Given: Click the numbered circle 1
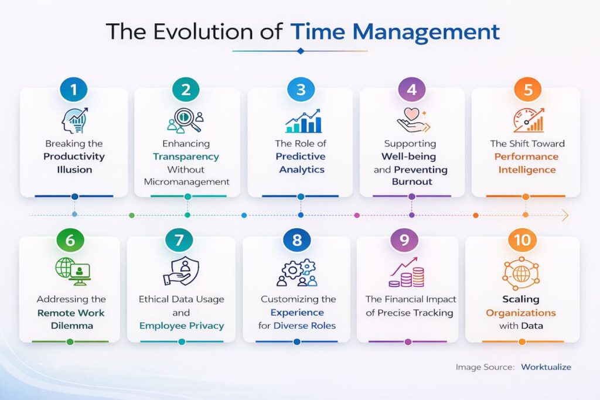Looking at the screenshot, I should click(74, 90).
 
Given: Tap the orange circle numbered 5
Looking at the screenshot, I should click(525, 90).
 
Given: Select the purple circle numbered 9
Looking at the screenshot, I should click(404, 240).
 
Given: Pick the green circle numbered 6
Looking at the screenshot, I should click(70, 240).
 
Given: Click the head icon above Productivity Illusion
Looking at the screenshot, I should click(74, 120).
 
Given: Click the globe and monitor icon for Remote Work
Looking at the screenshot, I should click(72, 270).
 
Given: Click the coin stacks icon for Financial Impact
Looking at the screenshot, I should click(407, 272).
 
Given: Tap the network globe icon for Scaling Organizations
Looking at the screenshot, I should click(521, 272).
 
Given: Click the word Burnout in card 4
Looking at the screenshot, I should click(412, 182).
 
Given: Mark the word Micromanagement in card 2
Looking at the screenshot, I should click(186, 182).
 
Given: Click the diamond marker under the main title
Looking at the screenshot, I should click(300, 51).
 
